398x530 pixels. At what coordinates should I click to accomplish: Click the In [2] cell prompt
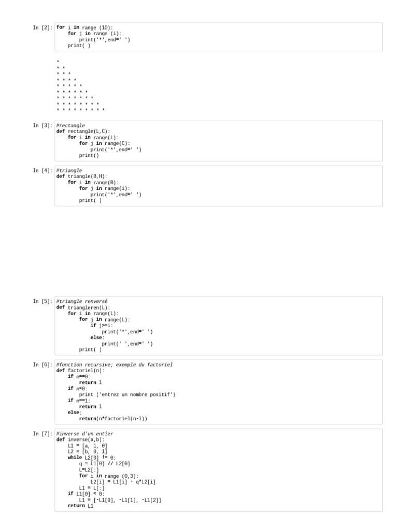tap(42, 27)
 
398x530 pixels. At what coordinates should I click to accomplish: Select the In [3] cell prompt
tap(42, 125)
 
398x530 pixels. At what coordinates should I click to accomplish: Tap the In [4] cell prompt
tap(42, 170)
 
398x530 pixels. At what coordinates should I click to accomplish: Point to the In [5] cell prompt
tap(42, 301)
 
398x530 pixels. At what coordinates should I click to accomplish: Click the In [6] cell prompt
tap(42, 365)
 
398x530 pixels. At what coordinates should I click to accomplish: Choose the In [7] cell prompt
tap(42, 433)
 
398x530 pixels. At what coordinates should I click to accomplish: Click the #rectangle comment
tap(70, 125)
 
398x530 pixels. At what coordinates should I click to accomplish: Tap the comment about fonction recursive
tap(114, 365)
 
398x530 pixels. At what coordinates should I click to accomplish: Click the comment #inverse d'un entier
tap(84, 433)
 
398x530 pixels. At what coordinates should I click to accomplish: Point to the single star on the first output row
tap(58, 61)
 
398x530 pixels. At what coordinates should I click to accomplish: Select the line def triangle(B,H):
tap(82, 176)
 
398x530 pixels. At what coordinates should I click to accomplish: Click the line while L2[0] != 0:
tap(92, 458)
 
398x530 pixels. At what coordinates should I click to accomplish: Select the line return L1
tap(81, 506)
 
